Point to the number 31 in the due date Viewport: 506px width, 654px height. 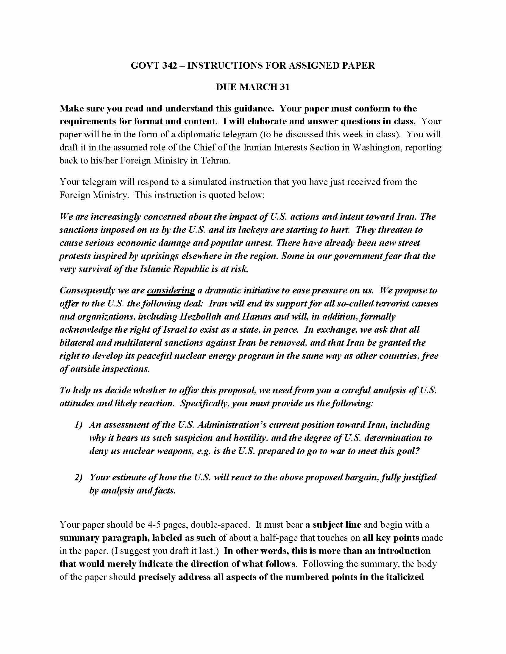285,87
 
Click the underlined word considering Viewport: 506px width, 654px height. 171,290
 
